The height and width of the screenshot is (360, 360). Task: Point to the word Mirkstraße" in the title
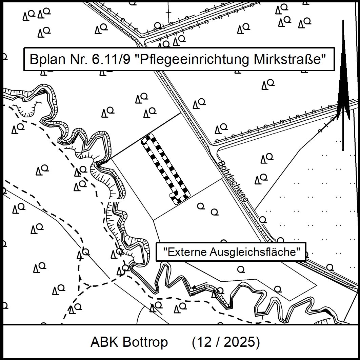(289, 60)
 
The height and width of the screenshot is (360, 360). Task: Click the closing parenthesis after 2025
(258, 342)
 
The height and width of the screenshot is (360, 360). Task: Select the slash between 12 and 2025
(217, 342)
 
